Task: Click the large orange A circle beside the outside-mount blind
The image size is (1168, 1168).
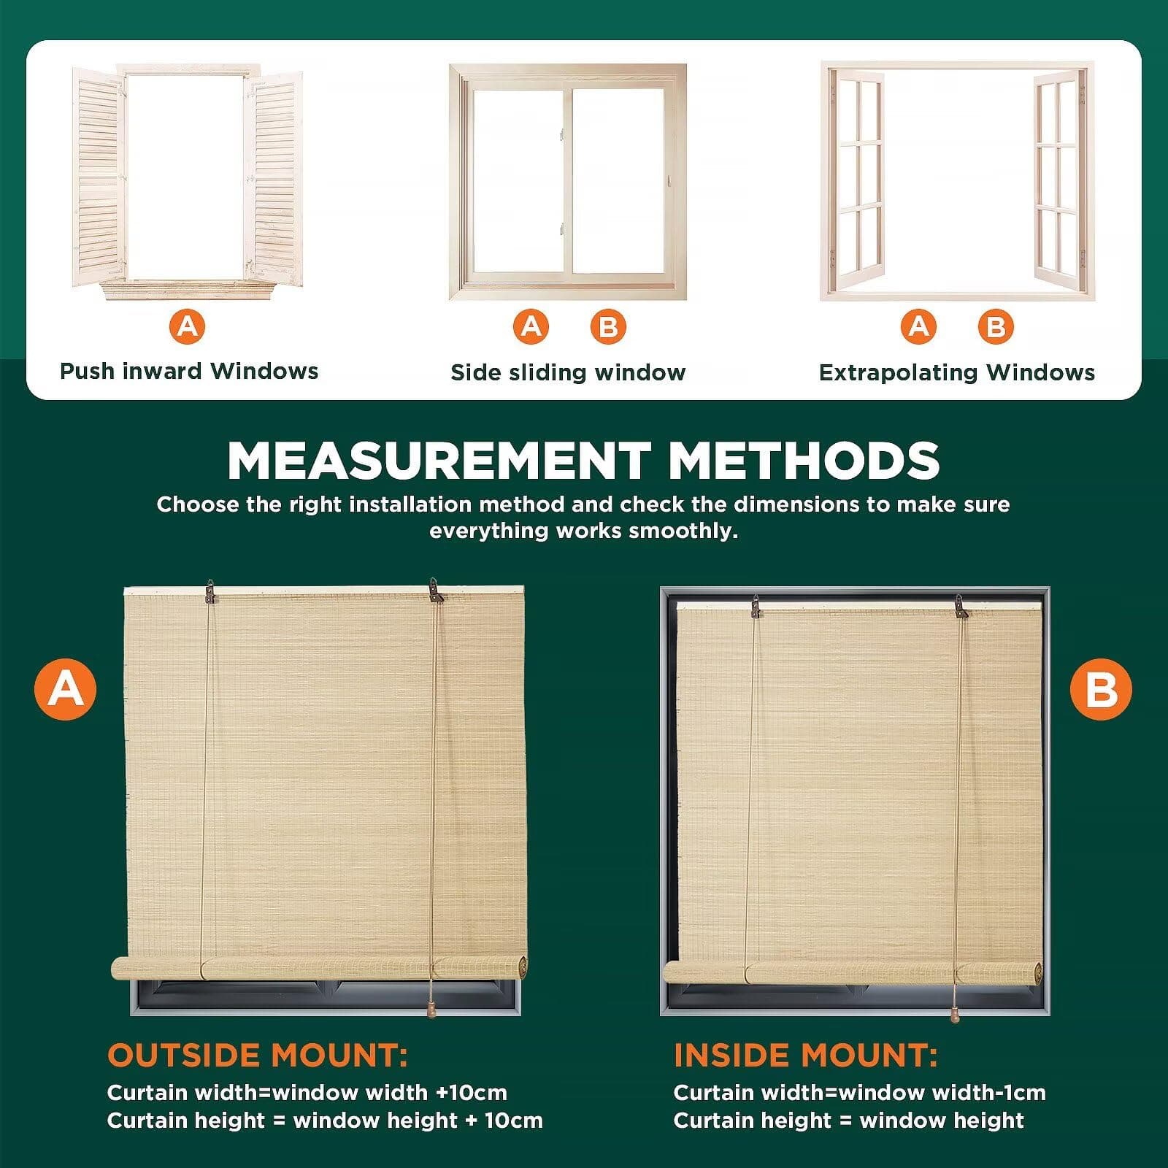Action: pyautogui.click(x=66, y=689)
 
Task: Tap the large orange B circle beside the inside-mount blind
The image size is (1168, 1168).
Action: pyautogui.click(x=1101, y=689)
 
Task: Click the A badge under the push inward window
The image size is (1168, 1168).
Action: pyautogui.click(x=188, y=326)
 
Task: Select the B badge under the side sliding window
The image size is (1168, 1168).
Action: pyautogui.click(x=608, y=326)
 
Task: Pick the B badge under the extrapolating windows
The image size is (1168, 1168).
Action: pyautogui.click(x=996, y=326)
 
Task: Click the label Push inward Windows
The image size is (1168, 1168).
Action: pyautogui.click(x=189, y=371)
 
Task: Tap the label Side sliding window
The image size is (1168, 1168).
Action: pyautogui.click(x=568, y=372)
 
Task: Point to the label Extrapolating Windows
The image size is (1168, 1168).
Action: pyautogui.click(x=956, y=372)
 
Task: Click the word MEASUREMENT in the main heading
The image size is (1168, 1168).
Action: pyautogui.click(x=439, y=461)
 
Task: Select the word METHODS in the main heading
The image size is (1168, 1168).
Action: pyautogui.click(x=804, y=461)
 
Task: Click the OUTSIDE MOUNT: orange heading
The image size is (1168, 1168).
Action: pyautogui.click(x=257, y=1056)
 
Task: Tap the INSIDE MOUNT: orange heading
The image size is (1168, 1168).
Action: pyautogui.click(x=805, y=1056)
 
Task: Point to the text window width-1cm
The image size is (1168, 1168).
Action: pyautogui.click(x=942, y=1093)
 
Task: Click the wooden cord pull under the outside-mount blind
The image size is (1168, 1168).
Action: pyautogui.click(x=431, y=1010)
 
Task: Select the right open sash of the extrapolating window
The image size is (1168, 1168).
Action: pyautogui.click(x=1056, y=179)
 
